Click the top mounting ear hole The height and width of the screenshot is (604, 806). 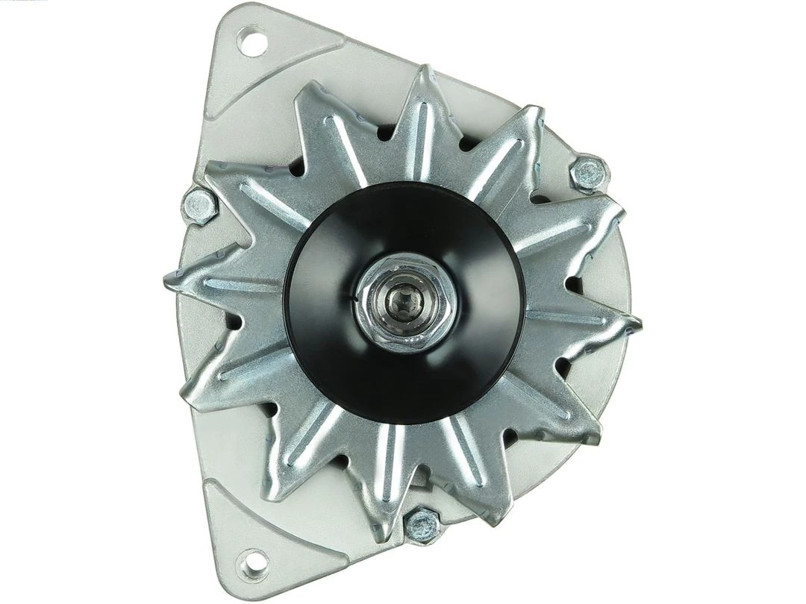point(253,40)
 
